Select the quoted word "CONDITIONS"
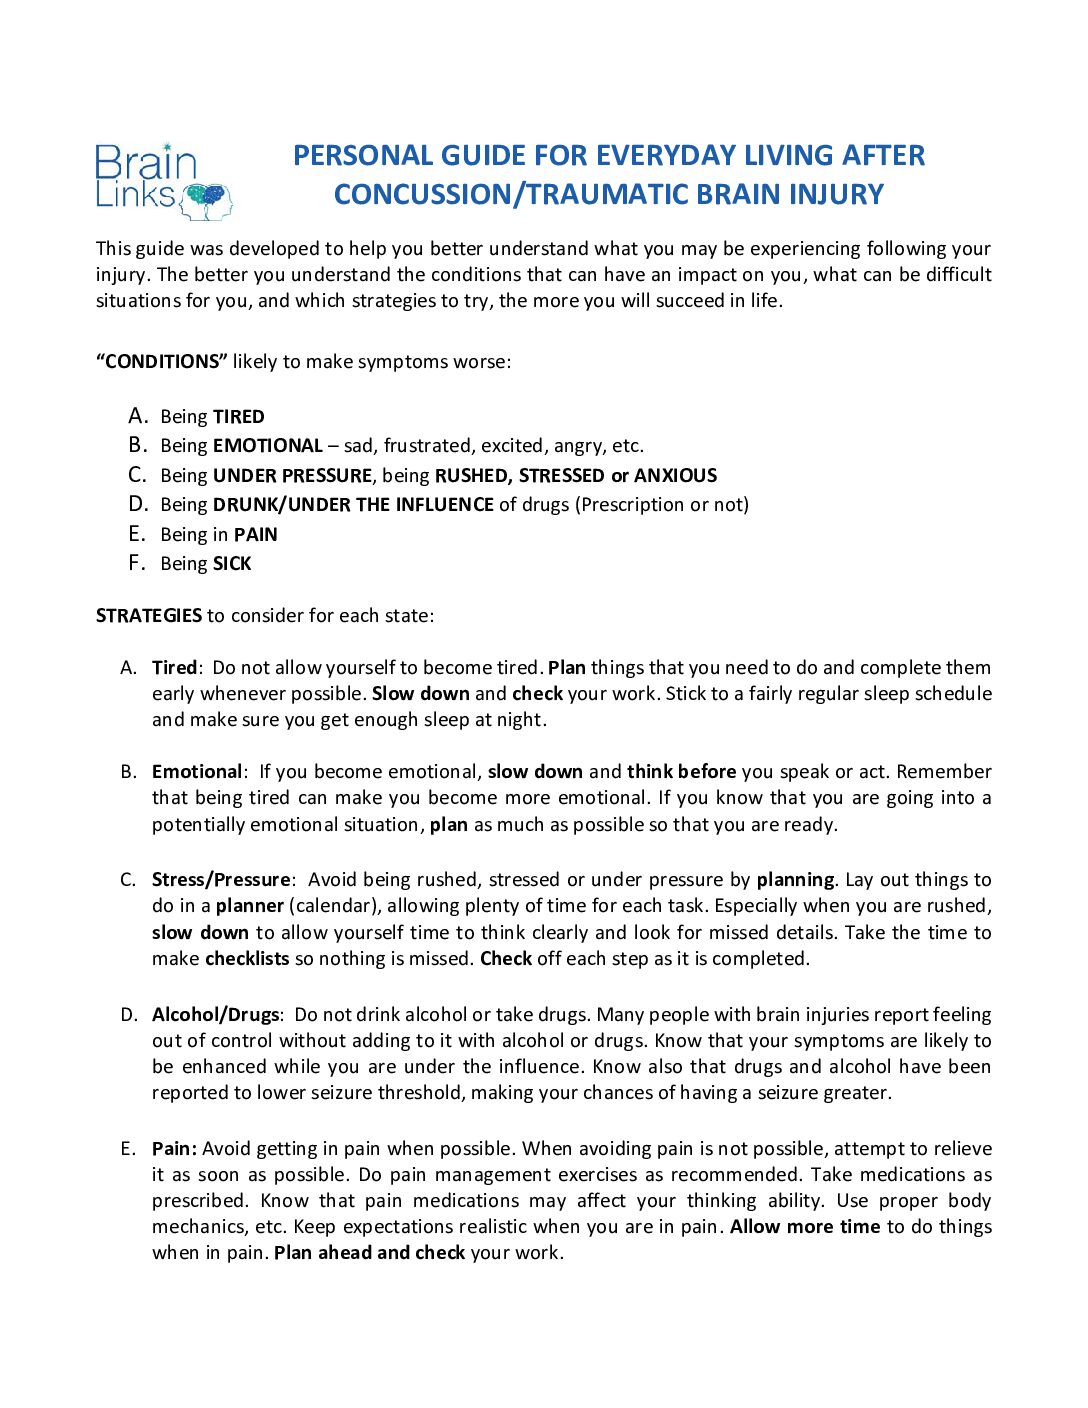pyautogui.click(x=162, y=362)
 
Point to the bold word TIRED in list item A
pyautogui.click(x=238, y=417)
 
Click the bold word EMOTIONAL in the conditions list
pyautogui.click(x=267, y=446)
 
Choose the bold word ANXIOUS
pyautogui.click(x=676, y=476)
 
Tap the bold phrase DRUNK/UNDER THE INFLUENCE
pyautogui.click(x=353, y=505)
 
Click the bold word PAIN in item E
pyautogui.click(x=256, y=535)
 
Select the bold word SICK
pyautogui.click(x=232, y=564)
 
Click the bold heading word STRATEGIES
pyautogui.click(x=148, y=616)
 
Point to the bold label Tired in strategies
pyautogui.click(x=174, y=668)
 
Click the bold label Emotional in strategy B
pyautogui.click(x=197, y=772)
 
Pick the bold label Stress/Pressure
pyautogui.click(x=221, y=880)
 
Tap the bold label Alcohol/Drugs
pyautogui.click(x=216, y=1015)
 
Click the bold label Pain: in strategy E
pyautogui.click(x=174, y=1149)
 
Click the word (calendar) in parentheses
pyautogui.click(x=335, y=906)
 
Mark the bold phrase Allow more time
pyautogui.click(x=805, y=1227)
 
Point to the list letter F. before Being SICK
pyautogui.click(x=137, y=563)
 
